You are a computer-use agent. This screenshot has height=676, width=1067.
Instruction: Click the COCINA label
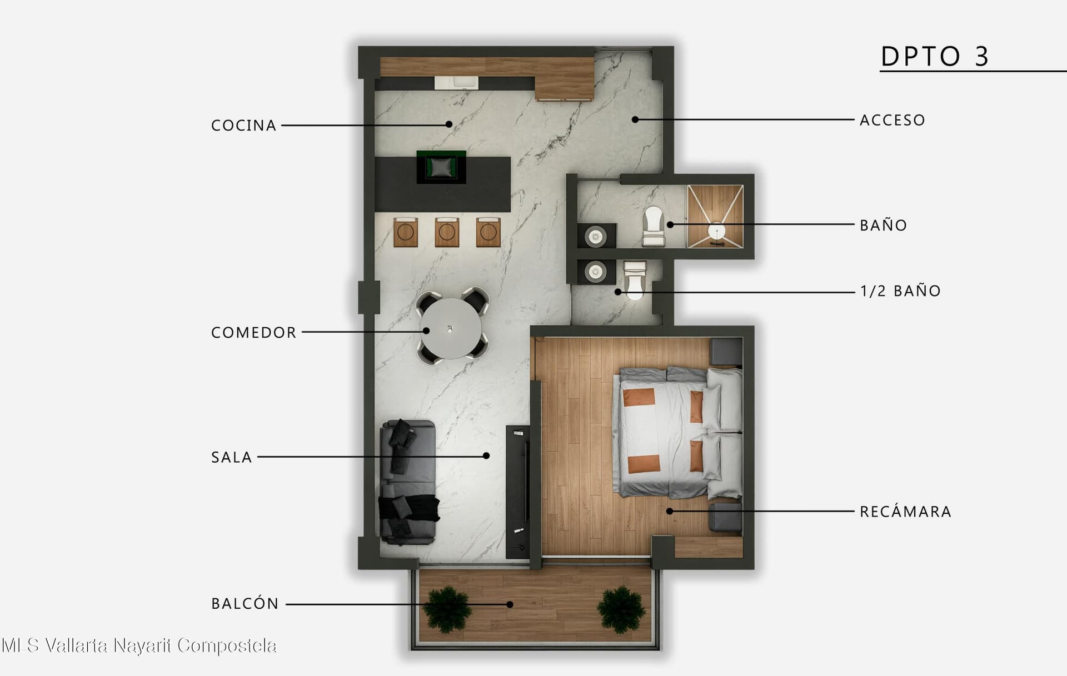(x=243, y=126)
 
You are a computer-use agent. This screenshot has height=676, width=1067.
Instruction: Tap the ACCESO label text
(x=892, y=120)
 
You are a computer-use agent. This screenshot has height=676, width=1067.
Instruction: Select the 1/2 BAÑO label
(x=900, y=291)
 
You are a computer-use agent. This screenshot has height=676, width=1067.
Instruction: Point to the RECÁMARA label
(x=905, y=511)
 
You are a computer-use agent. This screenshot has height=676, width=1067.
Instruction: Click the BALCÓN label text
(x=245, y=603)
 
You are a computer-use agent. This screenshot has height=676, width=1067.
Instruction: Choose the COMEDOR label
(x=253, y=333)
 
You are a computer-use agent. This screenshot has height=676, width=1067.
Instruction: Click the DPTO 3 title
(x=935, y=56)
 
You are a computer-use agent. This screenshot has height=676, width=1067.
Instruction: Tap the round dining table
(x=451, y=328)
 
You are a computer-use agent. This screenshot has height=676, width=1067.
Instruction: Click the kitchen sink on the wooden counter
(x=456, y=82)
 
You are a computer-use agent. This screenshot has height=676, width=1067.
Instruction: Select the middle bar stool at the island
(x=447, y=232)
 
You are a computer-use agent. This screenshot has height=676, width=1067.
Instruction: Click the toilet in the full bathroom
(x=654, y=226)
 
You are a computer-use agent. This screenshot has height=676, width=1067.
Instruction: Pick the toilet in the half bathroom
(x=635, y=280)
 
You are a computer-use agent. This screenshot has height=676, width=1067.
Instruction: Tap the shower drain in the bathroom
(x=717, y=231)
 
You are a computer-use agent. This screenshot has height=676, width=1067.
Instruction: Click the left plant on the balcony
(x=446, y=609)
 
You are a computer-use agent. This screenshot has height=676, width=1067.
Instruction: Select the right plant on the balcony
(x=621, y=609)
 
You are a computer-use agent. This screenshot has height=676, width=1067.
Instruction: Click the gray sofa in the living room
(x=408, y=482)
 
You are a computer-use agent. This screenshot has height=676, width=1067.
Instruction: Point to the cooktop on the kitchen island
(x=441, y=167)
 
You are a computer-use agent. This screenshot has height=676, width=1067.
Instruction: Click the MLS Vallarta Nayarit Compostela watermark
(x=139, y=645)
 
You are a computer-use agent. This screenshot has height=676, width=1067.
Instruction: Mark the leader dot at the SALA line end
(x=486, y=455)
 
